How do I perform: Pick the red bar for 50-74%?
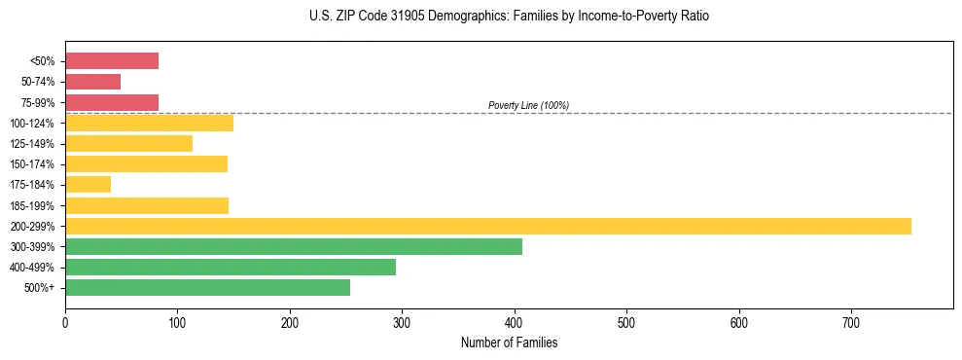point(92,82)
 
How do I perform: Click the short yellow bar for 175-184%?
point(88,184)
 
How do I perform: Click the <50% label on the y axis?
point(42,61)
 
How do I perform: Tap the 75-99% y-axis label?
point(38,102)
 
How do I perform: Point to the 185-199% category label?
point(33,205)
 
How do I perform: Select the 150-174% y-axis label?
point(33,164)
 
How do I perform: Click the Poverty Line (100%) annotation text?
point(528,105)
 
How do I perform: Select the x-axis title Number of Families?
point(509,342)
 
